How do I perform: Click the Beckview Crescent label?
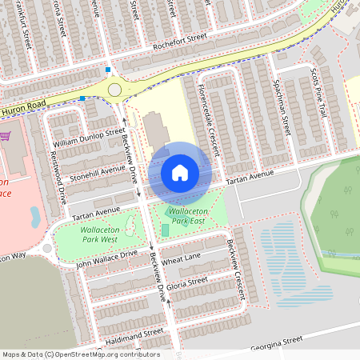click(x=236, y=270)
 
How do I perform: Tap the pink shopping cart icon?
click(x=5, y=135)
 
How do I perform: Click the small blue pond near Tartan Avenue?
click(x=34, y=216)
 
